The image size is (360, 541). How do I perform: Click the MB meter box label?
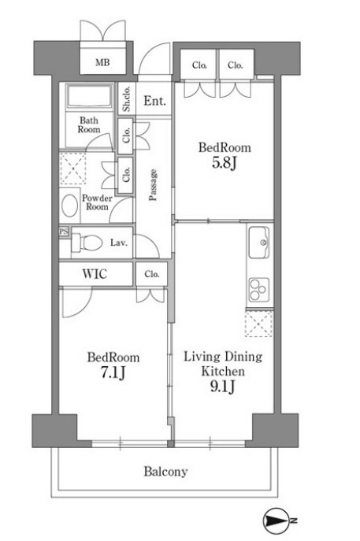[102, 62]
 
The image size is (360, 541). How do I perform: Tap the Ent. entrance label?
[154, 101]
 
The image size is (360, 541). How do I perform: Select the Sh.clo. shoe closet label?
[126, 98]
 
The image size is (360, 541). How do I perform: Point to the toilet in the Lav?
[87, 243]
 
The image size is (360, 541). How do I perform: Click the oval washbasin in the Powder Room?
[69, 206]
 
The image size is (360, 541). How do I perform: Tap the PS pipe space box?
[64, 232]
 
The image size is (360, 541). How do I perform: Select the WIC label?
[95, 274]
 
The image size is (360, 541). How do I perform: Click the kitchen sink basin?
[259, 243]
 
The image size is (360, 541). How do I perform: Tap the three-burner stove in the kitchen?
[259, 288]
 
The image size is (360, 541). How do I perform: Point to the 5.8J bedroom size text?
[224, 162]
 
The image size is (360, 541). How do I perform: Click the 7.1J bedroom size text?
[113, 372]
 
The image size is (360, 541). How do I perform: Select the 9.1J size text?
[223, 387]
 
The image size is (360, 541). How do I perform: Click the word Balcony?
[165, 471]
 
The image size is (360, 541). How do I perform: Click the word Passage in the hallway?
[153, 184]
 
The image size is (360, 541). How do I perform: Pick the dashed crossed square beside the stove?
[258, 324]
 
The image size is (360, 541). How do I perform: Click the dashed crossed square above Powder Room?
[72, 169]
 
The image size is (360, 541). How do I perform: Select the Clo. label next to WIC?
[152, 274]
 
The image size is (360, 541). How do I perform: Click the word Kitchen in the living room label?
[223, 371]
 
